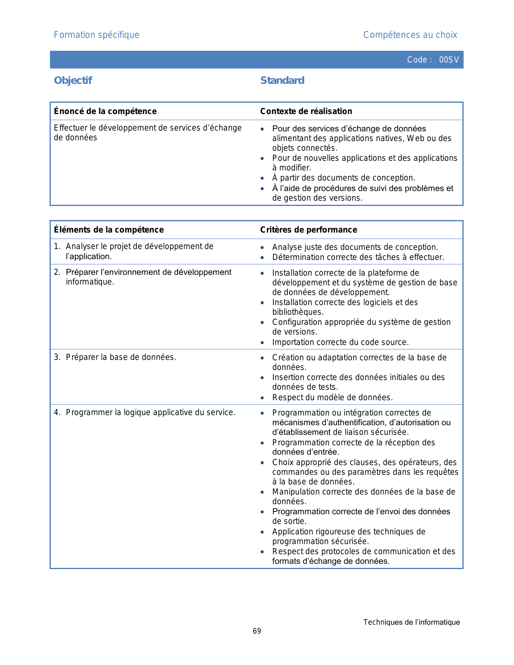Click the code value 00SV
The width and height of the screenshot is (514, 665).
449,60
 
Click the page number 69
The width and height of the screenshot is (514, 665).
257,631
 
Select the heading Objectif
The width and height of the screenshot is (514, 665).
73,81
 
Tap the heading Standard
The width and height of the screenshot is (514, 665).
282,81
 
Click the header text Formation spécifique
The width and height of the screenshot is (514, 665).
96,35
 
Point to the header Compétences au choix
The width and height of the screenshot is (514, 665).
410,35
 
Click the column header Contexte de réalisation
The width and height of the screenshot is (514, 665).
306,111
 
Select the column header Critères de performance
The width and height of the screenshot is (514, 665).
308,230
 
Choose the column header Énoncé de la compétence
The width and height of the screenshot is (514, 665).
105,111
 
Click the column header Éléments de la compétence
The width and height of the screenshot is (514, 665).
109,230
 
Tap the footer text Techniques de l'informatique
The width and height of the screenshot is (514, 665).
411,622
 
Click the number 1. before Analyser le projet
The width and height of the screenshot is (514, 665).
57,246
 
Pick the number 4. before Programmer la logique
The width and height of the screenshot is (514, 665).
57,412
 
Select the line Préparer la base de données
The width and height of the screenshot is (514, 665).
121,357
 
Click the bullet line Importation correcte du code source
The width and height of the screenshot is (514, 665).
340,342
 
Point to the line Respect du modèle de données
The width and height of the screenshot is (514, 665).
332,397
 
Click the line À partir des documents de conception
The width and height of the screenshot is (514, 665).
343,178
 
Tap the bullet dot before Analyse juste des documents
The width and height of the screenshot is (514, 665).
262,248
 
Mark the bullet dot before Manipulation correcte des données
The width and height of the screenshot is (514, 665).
262,493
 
